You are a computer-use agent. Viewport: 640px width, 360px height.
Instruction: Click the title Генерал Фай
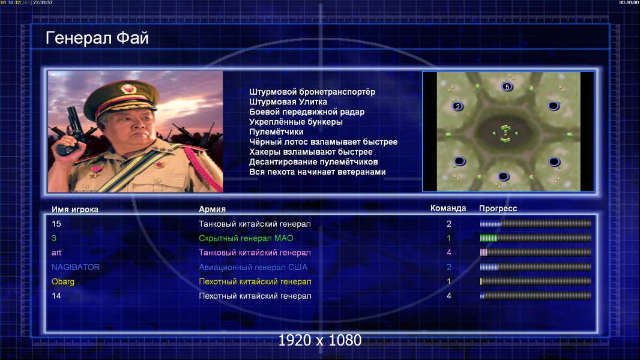click(97, 38)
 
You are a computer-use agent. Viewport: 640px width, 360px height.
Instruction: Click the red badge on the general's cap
click(128, 88)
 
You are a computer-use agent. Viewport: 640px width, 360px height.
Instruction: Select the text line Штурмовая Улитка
click(288, 102)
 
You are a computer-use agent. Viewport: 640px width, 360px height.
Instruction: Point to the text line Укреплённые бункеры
click(296, 122)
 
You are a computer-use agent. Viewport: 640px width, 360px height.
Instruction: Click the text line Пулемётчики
click(276, 132)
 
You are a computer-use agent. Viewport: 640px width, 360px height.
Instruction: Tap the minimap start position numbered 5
click(507, 86)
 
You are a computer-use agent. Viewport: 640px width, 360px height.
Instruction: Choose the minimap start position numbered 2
click(457, 106)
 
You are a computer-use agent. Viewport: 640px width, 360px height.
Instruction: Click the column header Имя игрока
click(74, 209)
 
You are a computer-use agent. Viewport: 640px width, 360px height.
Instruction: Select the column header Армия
click(213, 209)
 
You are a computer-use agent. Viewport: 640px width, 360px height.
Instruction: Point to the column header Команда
click(448, 208)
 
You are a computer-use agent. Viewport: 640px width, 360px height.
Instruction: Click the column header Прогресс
click(498, 209)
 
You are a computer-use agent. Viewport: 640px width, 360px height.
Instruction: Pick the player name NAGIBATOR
click(76, 267)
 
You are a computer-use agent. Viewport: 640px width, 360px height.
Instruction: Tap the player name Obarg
click(63, 282)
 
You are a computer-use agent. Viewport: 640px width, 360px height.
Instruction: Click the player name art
click(56, 253)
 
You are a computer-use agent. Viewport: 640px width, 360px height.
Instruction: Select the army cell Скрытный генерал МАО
click(246, 238)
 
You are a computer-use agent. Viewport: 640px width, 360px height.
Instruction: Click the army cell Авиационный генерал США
click(253, 268)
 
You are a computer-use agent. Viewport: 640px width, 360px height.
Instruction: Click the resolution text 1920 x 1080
click(319, 340)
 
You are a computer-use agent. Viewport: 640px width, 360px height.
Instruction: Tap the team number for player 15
click(449, 224)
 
